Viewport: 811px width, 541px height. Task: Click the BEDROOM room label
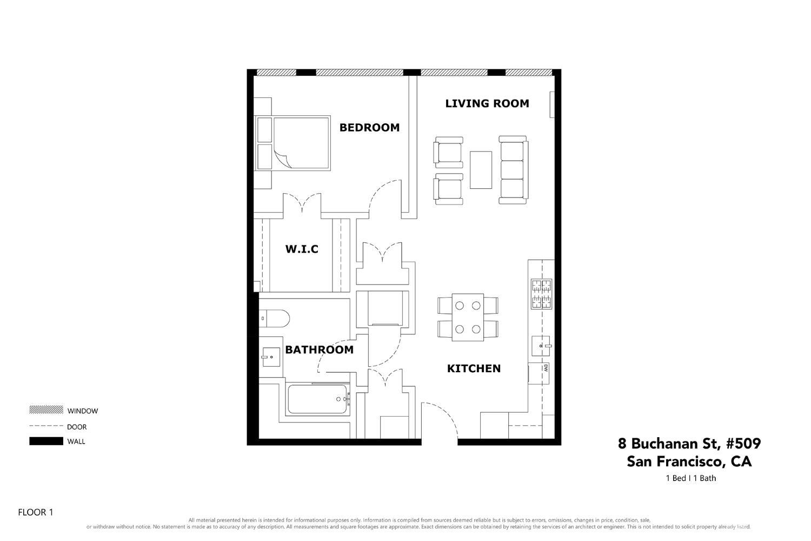369,128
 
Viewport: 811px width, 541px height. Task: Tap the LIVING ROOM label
487,103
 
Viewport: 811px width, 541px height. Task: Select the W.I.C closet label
301,249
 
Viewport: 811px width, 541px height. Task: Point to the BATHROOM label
319,350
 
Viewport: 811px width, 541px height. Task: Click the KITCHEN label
474,368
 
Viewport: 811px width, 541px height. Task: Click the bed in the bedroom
301,143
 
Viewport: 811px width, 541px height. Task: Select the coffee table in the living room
481,169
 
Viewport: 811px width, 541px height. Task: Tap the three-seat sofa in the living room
513,169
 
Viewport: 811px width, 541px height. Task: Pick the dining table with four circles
468,317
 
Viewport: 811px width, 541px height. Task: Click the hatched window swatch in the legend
46,410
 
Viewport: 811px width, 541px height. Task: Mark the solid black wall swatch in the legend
46,441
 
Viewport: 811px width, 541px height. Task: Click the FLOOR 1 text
36,512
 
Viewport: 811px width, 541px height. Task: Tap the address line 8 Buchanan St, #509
689,444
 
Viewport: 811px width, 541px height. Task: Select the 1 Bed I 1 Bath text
690,478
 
